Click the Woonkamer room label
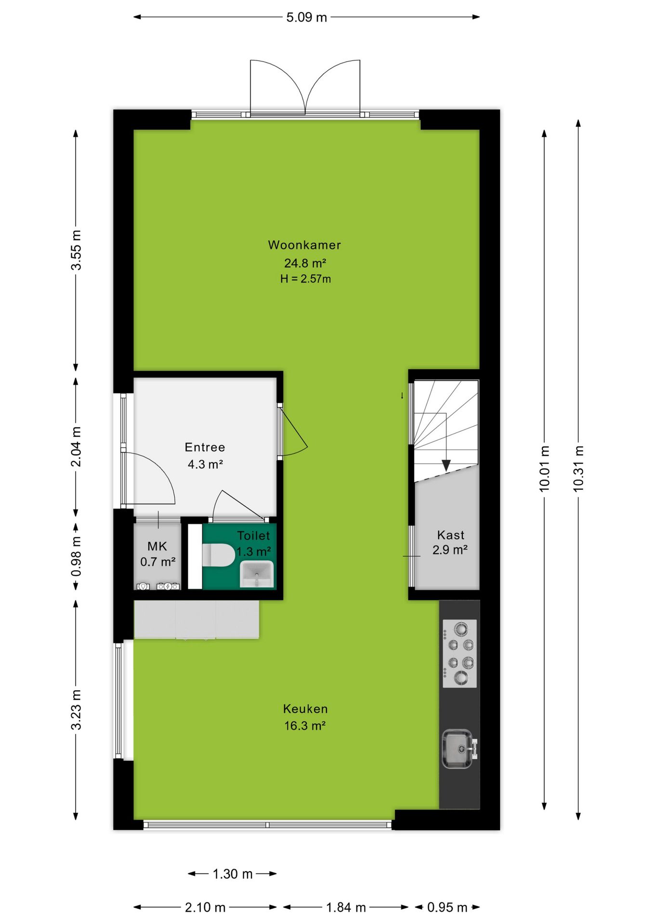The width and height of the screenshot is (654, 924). point(304,245)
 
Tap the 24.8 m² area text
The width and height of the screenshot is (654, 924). point(305,263)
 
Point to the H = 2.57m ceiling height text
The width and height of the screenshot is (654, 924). point(305,279)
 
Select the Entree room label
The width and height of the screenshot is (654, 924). point(205,447)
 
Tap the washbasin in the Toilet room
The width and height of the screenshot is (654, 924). point(257,574)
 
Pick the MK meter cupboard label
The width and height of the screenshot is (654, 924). point(157,546)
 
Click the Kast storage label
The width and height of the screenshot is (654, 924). point(451,535)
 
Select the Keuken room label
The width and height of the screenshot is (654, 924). point(305,709)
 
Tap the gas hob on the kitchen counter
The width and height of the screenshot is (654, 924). point(459,654)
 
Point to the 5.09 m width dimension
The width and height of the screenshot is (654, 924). point(306,17)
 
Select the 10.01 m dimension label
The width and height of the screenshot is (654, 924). point(544,468)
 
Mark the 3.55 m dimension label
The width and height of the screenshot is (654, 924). point(76,250)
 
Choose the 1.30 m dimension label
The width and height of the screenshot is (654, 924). point(233,874)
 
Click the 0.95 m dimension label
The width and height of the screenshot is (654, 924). point(447,908)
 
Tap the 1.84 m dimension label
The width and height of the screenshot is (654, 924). point(346,908)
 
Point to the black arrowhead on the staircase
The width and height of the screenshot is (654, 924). point(446,465)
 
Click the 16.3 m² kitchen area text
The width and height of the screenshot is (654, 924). point(305,726)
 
